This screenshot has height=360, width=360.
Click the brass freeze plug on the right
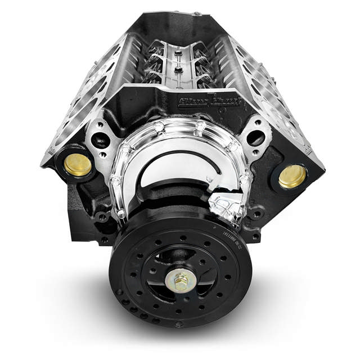tap(292, 177)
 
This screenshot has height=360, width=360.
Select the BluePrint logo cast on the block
tap(217, 102)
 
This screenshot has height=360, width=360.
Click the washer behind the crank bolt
tap(181, 285)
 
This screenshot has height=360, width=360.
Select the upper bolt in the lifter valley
tap(178, 53)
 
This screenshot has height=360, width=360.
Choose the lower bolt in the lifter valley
tap(178, 71)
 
